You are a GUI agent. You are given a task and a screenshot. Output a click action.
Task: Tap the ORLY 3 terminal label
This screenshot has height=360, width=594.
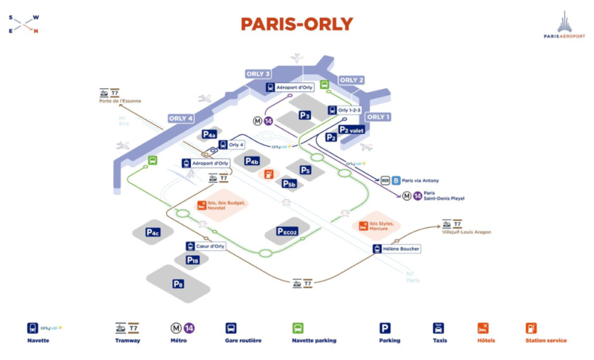point(258,73)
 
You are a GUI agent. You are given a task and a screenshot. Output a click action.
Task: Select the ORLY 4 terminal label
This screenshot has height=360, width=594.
point(180,118)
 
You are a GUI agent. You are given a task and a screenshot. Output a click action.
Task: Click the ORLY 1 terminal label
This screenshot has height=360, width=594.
point(378,117)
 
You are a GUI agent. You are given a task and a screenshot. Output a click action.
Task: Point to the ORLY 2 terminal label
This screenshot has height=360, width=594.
point(351,79)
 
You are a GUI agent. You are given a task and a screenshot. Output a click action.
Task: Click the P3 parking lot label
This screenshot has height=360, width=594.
point(304,115)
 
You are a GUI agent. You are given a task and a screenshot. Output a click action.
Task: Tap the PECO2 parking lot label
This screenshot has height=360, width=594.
point(287,232)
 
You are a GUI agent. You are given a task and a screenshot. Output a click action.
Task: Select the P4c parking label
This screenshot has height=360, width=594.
point(153,232)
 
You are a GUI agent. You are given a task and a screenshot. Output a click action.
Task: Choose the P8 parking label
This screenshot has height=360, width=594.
point(178,284)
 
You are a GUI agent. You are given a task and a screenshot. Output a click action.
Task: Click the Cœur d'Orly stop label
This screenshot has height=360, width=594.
point(210,246)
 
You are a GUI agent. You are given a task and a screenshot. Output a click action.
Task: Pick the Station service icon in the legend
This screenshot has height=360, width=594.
point(531,327)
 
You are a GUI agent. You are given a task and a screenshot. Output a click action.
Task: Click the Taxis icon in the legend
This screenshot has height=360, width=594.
point(438,327)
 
